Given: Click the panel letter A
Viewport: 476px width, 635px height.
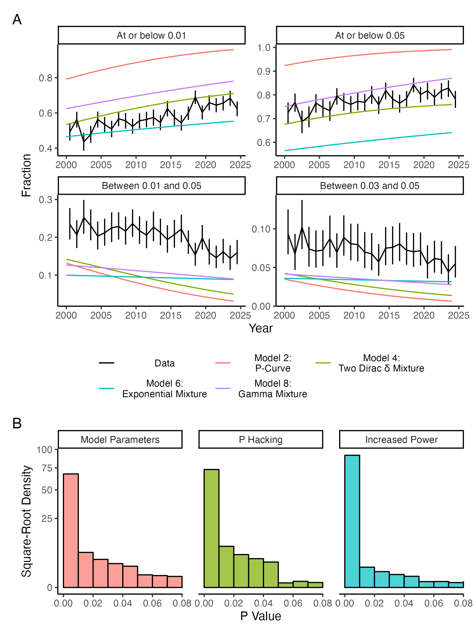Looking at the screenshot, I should [17, 20].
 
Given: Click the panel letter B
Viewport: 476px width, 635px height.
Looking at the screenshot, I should [17, 423].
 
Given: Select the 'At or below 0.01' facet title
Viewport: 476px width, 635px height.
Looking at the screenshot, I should [152, 35].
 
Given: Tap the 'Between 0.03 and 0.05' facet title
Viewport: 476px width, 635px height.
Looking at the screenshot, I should [369, 186].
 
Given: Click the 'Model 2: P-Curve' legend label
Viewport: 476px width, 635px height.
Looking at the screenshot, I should [273, 363].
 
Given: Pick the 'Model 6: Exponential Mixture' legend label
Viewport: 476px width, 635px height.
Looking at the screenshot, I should [164, 389].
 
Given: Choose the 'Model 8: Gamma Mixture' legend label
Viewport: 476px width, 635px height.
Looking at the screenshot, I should [273, 389].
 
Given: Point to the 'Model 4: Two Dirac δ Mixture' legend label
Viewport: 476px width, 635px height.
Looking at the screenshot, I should [381, 363].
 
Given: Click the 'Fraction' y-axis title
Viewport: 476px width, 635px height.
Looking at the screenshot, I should [26, 175].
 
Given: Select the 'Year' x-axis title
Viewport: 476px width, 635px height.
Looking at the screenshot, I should [260, 328].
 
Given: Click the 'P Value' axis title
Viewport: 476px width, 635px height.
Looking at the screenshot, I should [260, 616].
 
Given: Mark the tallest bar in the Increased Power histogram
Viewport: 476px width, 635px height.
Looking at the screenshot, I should [352, 517].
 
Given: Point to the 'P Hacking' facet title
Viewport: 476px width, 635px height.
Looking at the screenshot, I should [260, 439].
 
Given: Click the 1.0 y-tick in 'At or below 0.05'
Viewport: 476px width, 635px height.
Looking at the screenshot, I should [264, 48].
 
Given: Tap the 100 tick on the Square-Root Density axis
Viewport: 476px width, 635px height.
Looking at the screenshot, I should [44, 450].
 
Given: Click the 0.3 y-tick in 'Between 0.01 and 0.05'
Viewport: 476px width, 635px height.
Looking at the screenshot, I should [46, 199].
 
